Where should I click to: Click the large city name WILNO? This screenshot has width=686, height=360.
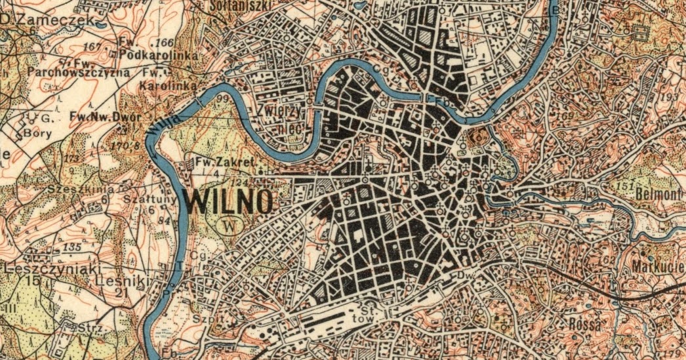coord(228,201)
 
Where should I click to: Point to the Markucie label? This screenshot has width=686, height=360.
coord(658,268)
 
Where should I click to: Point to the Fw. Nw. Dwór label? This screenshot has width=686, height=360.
coord(105,117)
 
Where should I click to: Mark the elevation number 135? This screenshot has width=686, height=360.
coord(75,248)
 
